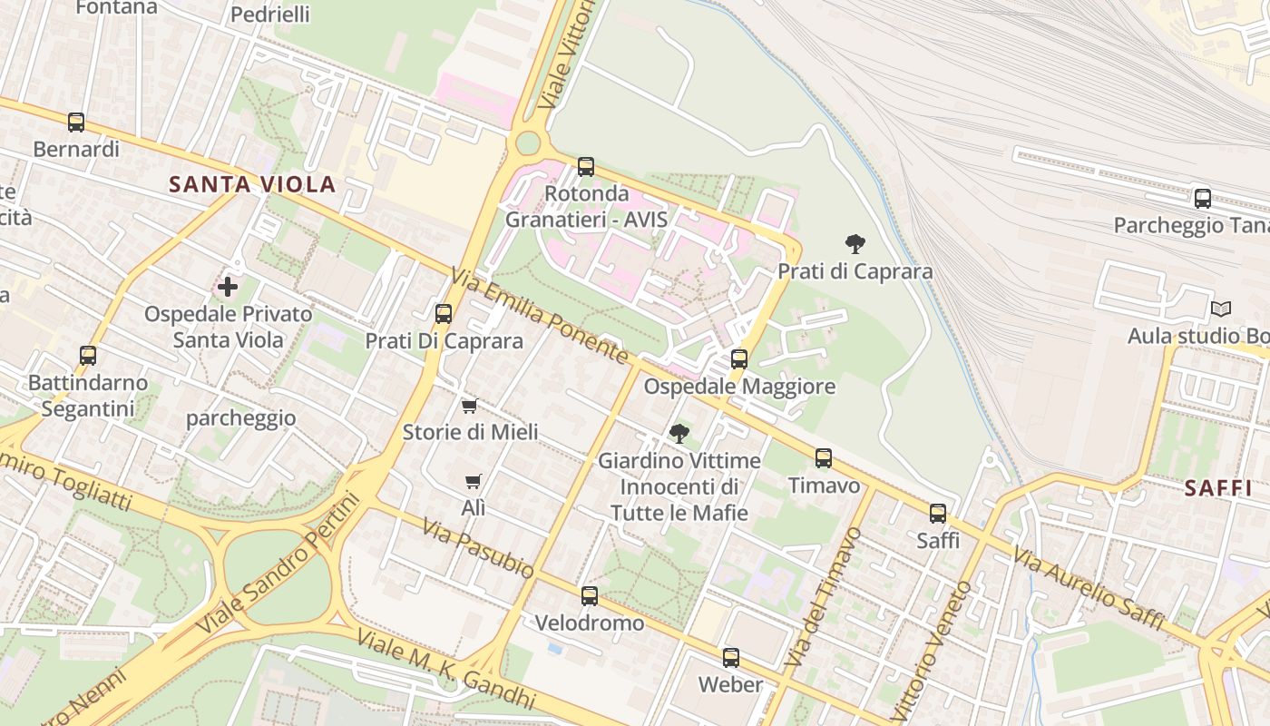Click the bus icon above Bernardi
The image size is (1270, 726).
pyautogui.click(x=76, y=122)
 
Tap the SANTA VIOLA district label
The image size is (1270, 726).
pyautogui.click(x=252, y=185)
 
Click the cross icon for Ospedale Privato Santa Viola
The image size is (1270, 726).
pyautogui.click(x=228, y=288)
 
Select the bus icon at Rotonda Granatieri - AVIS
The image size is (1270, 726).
pyautogui.click(x=586, y=167)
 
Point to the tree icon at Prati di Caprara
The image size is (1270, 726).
pyautogui.click(x=855, y=243)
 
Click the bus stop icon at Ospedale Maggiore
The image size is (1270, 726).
pyautogui.click(x=739, y=358)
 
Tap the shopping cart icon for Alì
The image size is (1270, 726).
pyautogui.click(x=473, y=482)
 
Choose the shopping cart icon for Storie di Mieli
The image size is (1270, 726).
pyautogui.click(x=470, y=406)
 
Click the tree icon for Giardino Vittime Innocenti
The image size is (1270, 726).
pyautogui.click(x=679, y=434)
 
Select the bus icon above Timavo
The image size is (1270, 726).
pyautogui.click(x=824, y=458)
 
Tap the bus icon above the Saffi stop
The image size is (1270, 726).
pyautogui.click(x=938, y=514)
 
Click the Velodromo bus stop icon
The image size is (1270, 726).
pyautogui.click(x=590, y=596)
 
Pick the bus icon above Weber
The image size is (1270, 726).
pyautogui.click(x=731, y=658)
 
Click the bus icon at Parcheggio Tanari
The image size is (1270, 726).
pyautogui.click(x=1203, y=198)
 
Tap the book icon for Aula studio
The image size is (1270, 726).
pyautogui.click(x=1221, y=309)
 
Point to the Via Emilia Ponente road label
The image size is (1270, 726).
pyautogui.click(x=540, y=317)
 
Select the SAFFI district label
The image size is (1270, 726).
pyautogui.click(x=1217, y=488)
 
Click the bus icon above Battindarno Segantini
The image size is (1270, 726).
pyautogui.click(x=88, y=355)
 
